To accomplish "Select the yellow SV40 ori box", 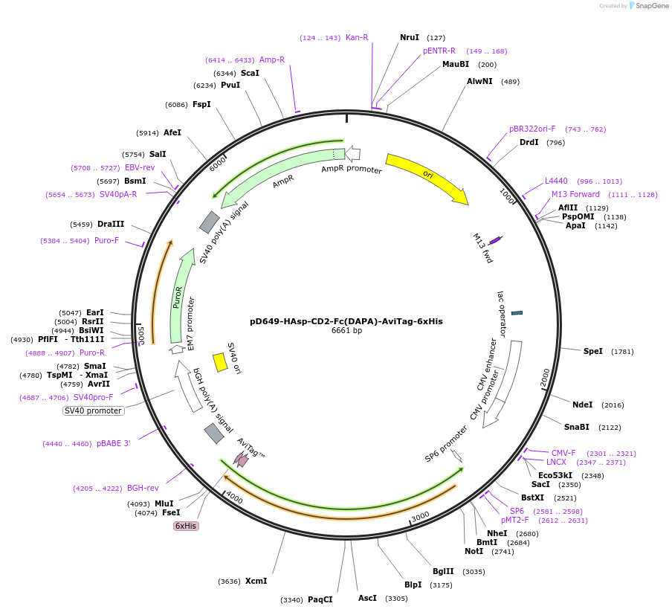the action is point(220,362).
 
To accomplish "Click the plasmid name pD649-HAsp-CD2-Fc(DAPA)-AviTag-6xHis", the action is point(346,321).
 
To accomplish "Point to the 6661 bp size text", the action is point(346,331).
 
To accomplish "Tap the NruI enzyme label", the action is point(410,37).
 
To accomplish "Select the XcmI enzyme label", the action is point(256,581).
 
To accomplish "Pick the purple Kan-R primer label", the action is point(357,37).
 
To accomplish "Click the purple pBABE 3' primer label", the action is point(113,443).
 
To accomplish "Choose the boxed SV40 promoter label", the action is point(94,410).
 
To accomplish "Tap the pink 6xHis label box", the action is point(186,526).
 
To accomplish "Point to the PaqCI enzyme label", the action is point(320,599).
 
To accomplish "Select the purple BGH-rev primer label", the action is point(143,488).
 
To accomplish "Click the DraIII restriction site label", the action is point(111,224).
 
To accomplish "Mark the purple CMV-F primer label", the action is point(563,453).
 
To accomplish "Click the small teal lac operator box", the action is point(517,313).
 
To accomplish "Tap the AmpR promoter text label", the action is point(352,170).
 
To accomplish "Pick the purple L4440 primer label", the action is point(556,181).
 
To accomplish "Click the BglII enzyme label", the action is point(443,571).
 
